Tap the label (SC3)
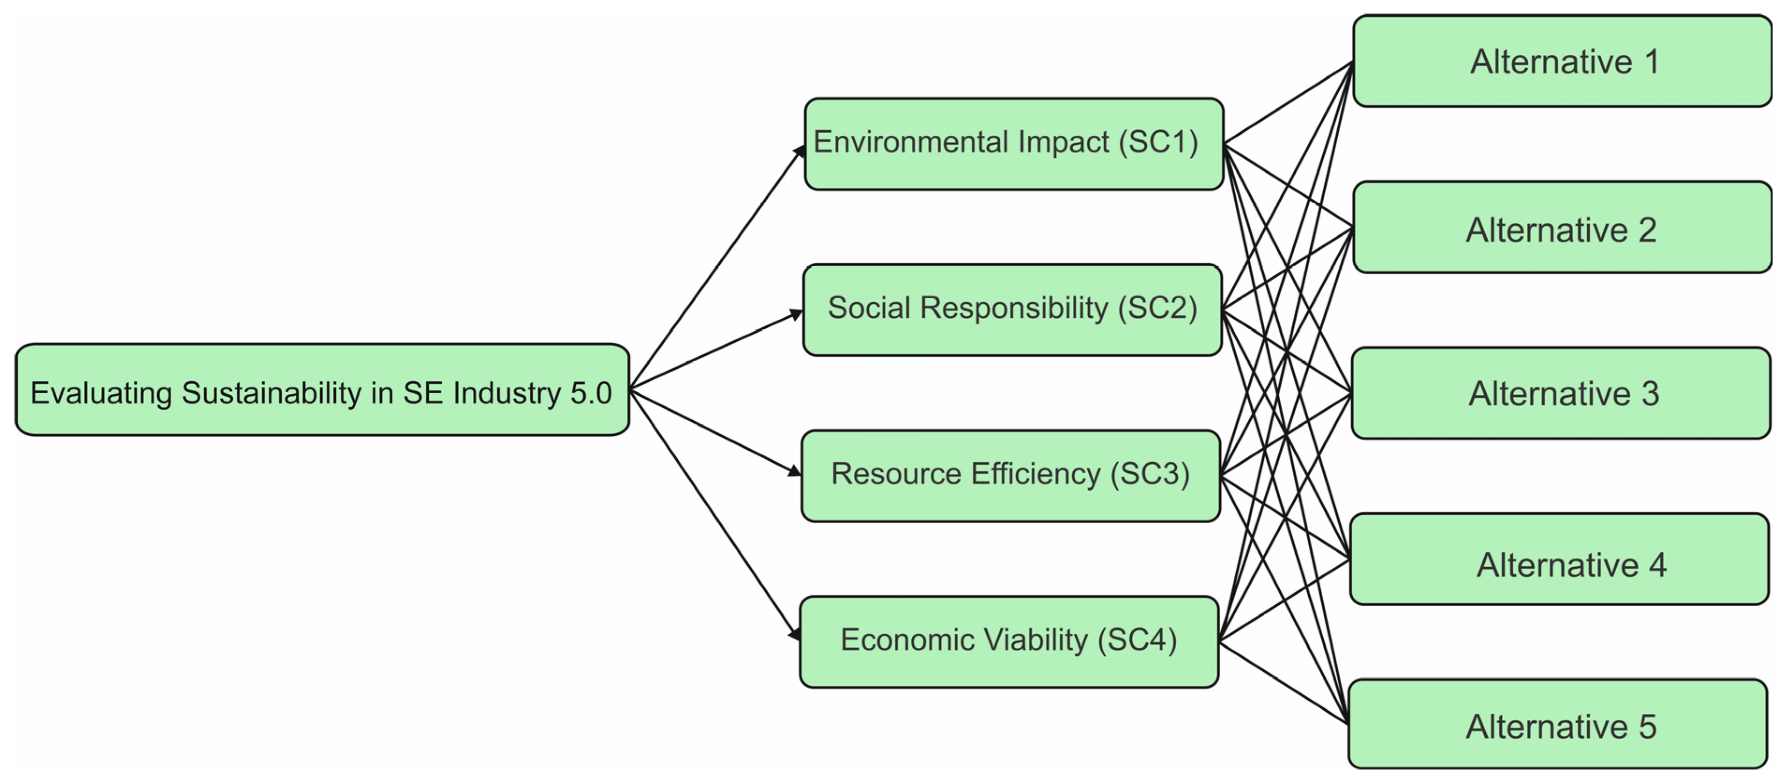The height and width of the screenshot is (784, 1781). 1150,474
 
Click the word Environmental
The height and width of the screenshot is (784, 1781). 911,142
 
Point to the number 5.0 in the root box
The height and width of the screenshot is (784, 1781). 591,393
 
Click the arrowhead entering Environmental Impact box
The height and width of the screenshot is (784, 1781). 799,150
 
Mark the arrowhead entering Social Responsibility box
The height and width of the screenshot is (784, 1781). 797,315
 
